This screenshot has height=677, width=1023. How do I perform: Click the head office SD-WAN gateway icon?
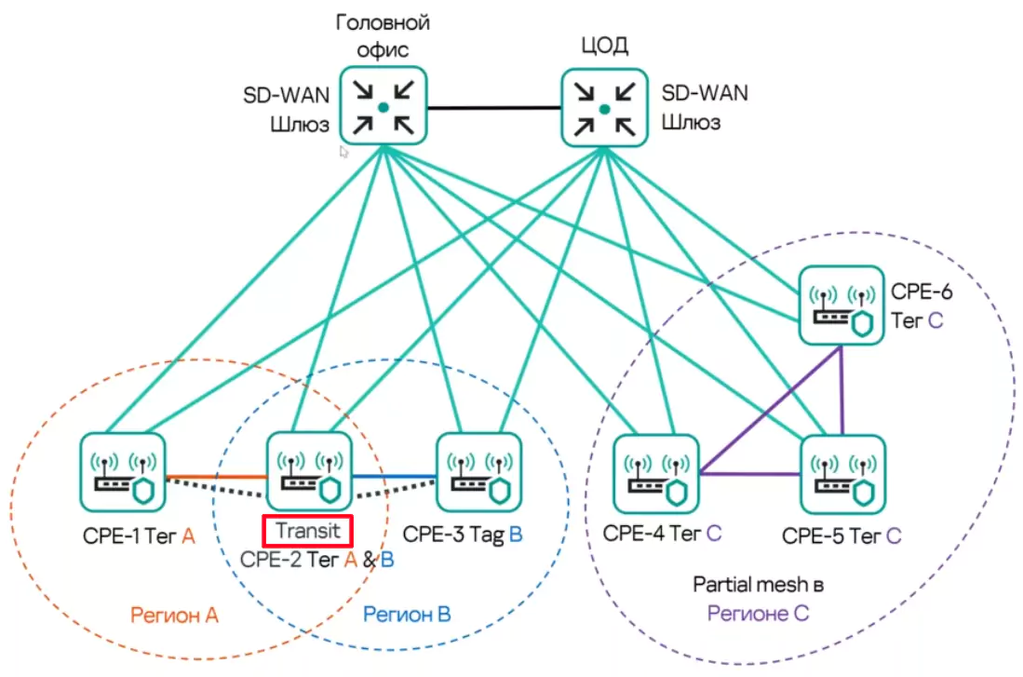[x=383, y=107]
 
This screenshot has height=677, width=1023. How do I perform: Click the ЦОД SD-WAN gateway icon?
[x=604, y=108]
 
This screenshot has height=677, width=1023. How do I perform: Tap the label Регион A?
[x=174, y=615]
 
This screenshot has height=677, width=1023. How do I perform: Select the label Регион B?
[x=407, y=615]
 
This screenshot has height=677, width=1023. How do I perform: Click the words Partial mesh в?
[x=759, y=585]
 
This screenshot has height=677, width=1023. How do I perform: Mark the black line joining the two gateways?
[x=493, y=108]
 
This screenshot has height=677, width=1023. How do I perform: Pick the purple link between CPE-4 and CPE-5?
[x=749, y=475]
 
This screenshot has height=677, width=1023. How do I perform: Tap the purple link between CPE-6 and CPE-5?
[x=842, y=391]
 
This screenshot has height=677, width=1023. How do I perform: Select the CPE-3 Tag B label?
[x=463, y=535]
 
